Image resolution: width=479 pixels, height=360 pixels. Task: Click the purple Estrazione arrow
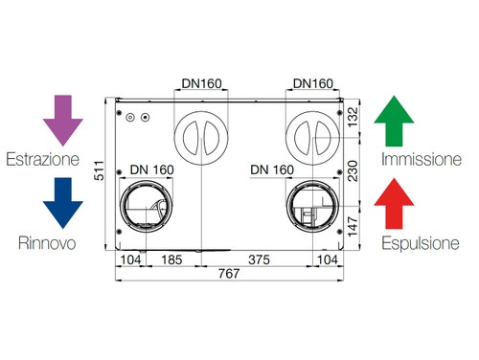coord(63,121)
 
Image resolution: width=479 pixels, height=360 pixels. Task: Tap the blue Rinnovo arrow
coord(63,203)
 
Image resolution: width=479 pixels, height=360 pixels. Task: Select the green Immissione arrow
coord(394,121)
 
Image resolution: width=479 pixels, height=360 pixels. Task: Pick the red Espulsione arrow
coord(394,203)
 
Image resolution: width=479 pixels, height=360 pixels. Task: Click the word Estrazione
coord(43,159)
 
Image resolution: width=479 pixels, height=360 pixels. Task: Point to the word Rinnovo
coord(47,243)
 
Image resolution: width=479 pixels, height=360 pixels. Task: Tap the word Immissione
coord(422,159)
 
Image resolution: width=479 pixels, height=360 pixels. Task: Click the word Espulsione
coord(421,243)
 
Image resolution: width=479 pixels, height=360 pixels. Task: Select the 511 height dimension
coord(100,170)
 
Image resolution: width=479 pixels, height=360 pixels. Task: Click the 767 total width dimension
coord(229,274)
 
